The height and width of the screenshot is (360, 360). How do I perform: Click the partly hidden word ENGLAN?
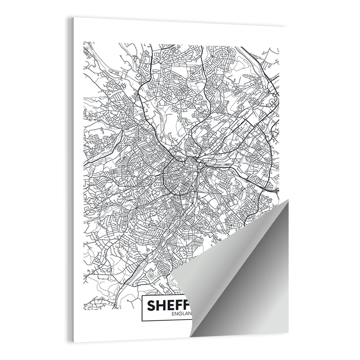[x=182, y=314]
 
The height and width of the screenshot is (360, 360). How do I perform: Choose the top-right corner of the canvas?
[x=287, y=26]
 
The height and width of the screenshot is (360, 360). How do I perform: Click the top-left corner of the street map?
[x=84, y=42]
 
